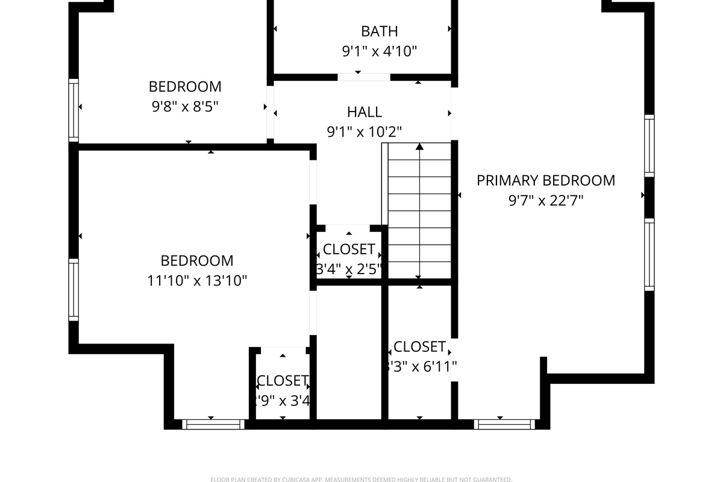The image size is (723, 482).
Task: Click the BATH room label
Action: pos(379,31)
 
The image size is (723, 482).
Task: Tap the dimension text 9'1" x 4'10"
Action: pos(379,51)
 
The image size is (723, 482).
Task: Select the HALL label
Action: pos(365,111)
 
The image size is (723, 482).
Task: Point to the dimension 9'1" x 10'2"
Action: pos(365,131)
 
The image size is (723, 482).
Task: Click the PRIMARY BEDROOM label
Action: pos(546,180)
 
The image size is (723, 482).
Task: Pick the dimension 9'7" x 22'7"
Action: pos(546,200)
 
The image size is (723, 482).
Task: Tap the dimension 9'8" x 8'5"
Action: pos(185,107)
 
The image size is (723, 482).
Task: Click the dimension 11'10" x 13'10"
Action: pos(197,280)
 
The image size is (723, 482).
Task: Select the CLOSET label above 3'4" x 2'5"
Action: pos(349,249)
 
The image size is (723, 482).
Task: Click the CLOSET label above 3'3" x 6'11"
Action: pos(419,346)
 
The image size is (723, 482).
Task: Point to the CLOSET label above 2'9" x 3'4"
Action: pos(282,380)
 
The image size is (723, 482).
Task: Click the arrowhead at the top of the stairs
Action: pos(419,146)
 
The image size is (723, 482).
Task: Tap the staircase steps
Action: pos(419,211)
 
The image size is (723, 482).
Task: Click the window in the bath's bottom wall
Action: pos(363,77)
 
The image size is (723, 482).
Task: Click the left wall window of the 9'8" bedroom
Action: pos(74,110)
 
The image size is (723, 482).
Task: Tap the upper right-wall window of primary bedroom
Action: pos(649,145)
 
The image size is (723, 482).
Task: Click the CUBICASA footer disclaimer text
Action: pos(361,480)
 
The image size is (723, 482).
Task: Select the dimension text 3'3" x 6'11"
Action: pos(421,366)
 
